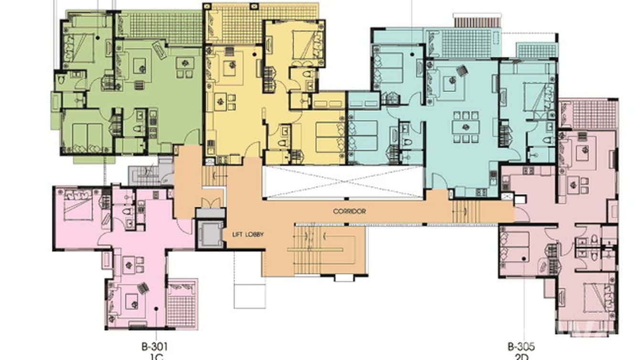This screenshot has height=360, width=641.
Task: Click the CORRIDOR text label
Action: tap(350, 211)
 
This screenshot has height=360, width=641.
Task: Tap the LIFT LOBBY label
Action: tap(248, 234)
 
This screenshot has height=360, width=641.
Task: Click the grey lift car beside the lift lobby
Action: tap(210, 234)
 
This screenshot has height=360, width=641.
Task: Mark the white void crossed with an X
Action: tap(343, 182)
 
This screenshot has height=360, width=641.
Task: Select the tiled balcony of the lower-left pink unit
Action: tap(181, 304)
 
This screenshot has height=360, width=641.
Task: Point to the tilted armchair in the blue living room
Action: tap(461, 71)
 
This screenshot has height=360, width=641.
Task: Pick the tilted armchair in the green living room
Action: tap(159, 50)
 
